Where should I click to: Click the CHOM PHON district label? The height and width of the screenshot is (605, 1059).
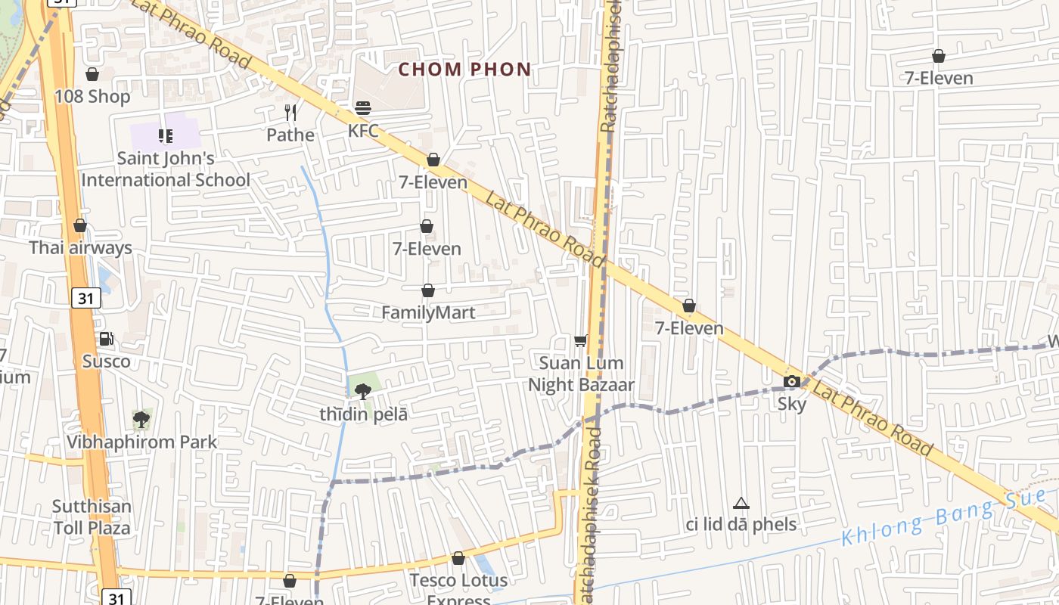[464, 70]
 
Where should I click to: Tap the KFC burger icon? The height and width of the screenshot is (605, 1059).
[363, 107]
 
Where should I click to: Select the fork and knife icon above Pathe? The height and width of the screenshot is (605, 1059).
[290, 113]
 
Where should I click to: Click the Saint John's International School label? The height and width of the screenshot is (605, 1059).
[166, 169]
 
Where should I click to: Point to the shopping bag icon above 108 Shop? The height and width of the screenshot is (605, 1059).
[92, 74]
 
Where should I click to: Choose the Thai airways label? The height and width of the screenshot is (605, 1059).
[80, 248]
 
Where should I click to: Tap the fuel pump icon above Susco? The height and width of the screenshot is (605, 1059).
[106, 339]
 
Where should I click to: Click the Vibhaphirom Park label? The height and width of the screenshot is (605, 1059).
[141, 442]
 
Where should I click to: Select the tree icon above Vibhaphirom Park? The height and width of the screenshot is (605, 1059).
[141, 419]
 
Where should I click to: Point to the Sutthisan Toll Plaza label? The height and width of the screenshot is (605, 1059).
[92, 517]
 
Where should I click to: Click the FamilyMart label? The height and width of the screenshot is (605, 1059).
[428, 312]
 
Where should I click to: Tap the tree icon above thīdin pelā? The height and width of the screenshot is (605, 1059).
[363, 391]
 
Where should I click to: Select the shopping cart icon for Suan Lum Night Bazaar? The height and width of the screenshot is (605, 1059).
[581, 341]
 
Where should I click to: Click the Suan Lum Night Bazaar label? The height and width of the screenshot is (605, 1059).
[581, 374]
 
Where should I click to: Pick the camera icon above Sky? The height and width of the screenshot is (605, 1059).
[792, 381]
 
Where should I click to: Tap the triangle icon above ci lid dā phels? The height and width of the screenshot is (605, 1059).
[741, 503]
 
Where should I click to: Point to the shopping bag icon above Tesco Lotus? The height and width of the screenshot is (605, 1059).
[458, 559]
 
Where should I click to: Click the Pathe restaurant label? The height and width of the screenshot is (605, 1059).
[290, 135]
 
